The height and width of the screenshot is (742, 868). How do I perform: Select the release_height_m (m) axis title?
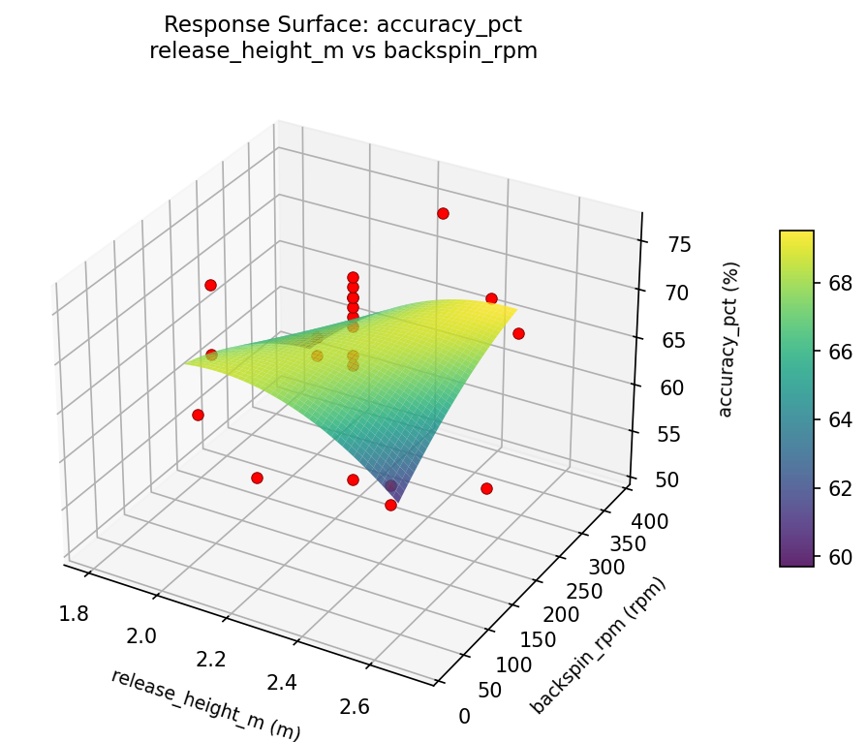tap(205, 704)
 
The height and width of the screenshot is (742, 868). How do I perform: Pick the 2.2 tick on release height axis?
tap(210, 660)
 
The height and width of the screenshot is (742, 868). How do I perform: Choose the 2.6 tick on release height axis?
tap(356, 706)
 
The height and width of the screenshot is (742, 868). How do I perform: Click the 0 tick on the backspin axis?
tap(464, 716)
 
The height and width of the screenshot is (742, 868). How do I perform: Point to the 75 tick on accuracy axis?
tap(679, 244)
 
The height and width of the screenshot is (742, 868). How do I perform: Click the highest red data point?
tap(443, 213)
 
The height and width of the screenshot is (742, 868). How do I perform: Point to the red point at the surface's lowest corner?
tap(390, 505)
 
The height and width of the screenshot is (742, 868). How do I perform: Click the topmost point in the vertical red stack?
tap(353, 278)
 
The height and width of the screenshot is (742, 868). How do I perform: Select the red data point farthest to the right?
tap(518, 333)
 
